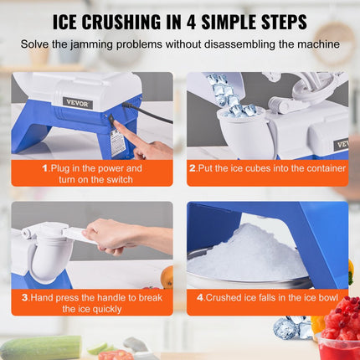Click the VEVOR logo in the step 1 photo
coord(78,103)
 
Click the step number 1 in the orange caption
coord(44,167)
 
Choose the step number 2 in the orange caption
coord(193,167)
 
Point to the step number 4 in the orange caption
coord(199,296)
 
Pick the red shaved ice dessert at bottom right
coord(342,322)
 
